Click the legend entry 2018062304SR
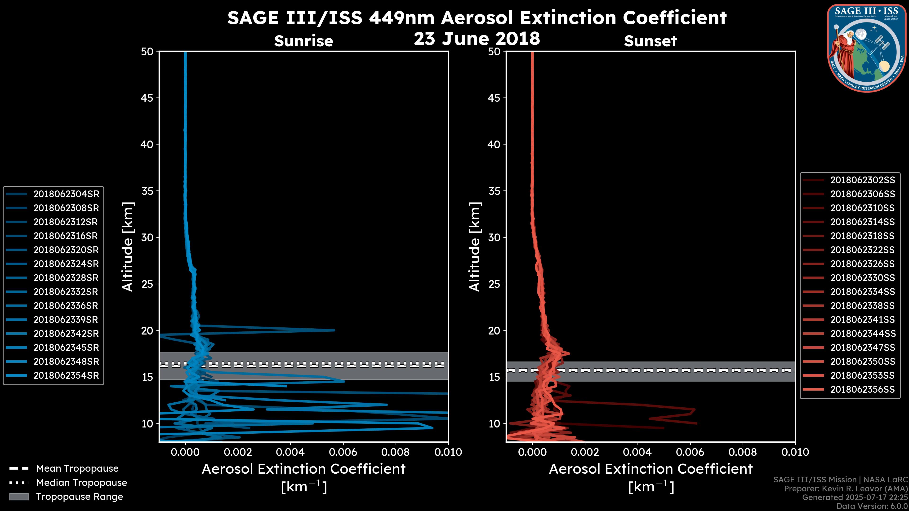pos(66,194)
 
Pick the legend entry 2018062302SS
pos(862,180)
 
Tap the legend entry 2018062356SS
pos(862,389)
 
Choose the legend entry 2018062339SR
pos(66,320)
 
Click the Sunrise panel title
pos(303,41)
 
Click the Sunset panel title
pos(650,41)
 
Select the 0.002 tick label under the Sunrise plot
pos(238,452)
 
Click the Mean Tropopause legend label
pos(77,468)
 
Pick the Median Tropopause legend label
pos(81,482)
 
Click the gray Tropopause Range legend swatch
pos(19,497)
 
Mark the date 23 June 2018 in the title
pos(477,38)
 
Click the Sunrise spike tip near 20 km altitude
pos(334,330)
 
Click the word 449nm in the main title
pos(401,18)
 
